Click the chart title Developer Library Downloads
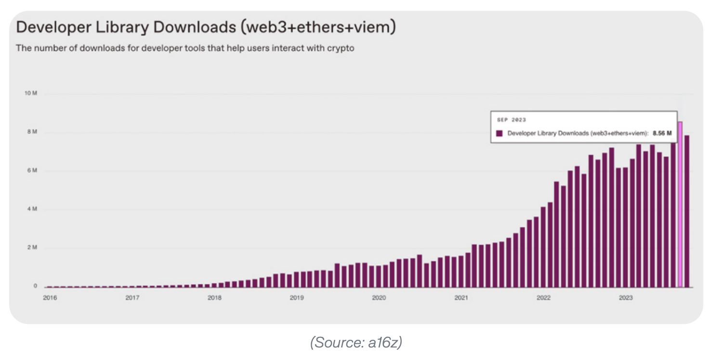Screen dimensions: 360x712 [x=206, y=27]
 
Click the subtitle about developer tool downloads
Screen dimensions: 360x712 [x=185, y=48]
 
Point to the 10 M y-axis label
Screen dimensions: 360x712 [x=30, y=93]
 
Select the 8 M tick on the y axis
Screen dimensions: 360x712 [x=32, y=132]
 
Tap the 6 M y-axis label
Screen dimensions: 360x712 [x=32, y=171]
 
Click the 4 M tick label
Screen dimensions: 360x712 [x=32, y=209]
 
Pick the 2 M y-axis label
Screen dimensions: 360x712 [x=32, y=248]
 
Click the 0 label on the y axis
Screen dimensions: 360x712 [x=35, y=286]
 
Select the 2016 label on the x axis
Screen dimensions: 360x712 [x=50, y=298]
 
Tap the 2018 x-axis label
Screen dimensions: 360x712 [x=214, y=298]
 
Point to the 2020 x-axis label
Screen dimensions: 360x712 [x=379, y=298]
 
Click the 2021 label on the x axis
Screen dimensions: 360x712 [x=461, y=298]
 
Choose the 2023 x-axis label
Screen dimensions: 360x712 [x=626, y=298]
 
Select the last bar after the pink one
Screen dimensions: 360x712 [x=687, y=212]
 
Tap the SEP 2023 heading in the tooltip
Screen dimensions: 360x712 [x=511, y=120]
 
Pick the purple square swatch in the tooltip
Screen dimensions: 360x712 [x=500, y=133]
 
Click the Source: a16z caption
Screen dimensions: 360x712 [x=356, y=342]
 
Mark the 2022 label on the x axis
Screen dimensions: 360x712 [x=543, y=298]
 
